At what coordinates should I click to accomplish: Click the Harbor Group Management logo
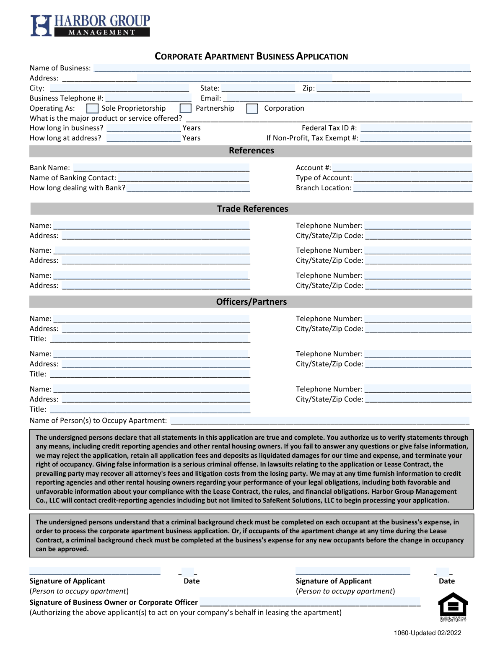[x=90, y=26]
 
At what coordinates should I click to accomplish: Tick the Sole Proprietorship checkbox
[x=92, y=109]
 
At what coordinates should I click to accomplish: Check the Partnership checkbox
[x=185, y=109]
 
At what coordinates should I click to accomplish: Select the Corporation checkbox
[x=252, y=109]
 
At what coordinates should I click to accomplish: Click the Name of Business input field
[x=282, y=68]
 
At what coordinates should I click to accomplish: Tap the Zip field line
[x=343, y=88]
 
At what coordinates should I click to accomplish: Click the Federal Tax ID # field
[x=415, y=128]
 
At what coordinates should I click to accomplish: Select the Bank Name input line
[x=161, y=168]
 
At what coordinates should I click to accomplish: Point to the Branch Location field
[x=412, y=188]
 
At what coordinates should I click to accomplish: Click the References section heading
[x=251, y=151]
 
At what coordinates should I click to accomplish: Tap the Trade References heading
[x=252, y=209]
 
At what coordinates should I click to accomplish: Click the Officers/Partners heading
[x=251, y=302]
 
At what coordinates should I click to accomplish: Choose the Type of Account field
[x=413, y=178]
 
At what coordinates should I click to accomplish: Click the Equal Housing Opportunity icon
[x=453, y=607]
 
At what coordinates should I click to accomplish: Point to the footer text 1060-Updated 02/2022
[x=427, y=633]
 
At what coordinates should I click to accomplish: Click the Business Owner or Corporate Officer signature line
[x=310, y=602]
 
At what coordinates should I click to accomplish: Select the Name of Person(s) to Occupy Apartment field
[x=320, y=421]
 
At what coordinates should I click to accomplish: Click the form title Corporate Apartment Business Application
[x=251, y=57]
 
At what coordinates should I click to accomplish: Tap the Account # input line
[x=402, y=168]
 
